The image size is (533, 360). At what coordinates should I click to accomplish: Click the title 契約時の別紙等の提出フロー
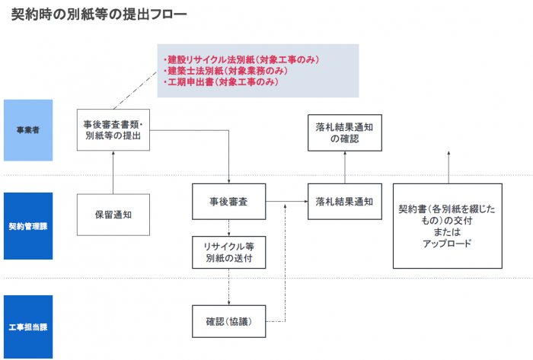(99, 14)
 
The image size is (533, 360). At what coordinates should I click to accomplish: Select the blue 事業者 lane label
(28, 130)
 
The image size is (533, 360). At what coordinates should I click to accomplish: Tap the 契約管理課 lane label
(28, 226)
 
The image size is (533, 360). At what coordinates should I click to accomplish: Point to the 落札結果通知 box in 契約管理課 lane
(344, 202)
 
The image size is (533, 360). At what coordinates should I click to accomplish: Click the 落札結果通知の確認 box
(344, 132)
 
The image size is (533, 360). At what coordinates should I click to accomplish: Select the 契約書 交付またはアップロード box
(447, 225)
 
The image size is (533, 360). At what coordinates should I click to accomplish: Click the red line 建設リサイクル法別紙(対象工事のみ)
(241, 59)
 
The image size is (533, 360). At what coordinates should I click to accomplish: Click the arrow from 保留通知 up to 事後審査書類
(113, 173)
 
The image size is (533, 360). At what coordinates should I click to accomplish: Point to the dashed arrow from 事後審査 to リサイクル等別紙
(228, 228)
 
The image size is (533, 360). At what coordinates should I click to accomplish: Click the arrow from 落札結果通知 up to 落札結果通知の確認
(344, 167)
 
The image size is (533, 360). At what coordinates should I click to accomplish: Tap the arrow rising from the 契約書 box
(448, 167)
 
